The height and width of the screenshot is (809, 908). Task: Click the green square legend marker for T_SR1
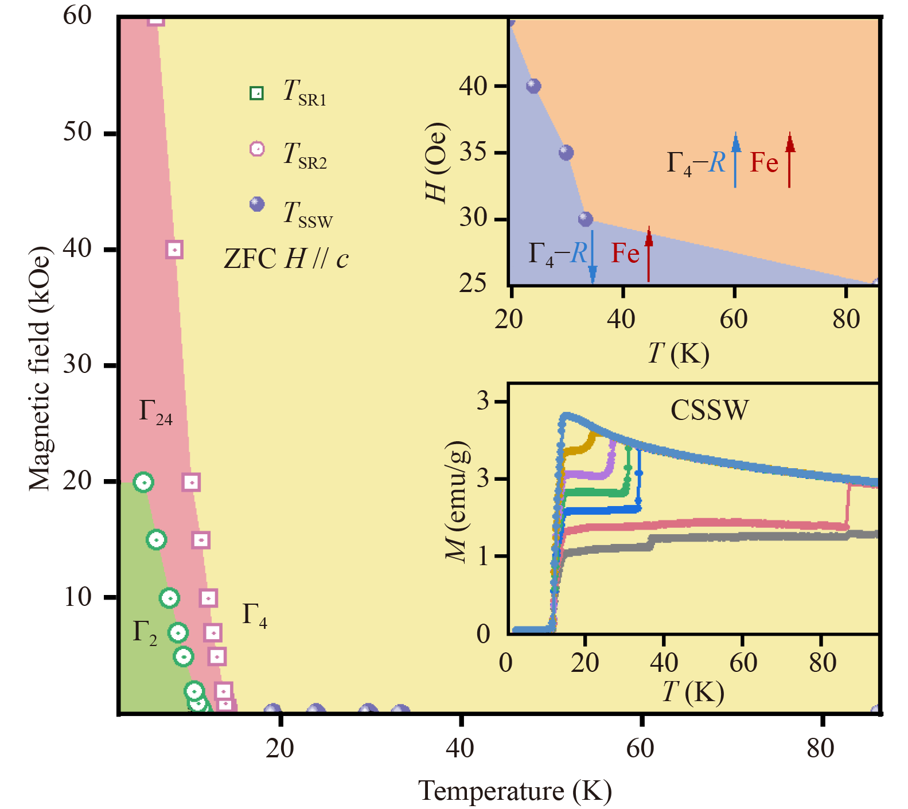pos(257,93)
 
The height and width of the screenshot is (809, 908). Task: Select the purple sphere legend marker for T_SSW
pos(257,204)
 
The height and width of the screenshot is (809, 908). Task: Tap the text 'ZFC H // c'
pos(286,259)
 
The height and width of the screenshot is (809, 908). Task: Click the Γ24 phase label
pos(155,413)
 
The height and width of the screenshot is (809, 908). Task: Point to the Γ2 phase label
pos(145,632)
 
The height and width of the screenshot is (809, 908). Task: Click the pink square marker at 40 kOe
pos(174,250)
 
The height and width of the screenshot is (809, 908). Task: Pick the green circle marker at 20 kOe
pos(143,482)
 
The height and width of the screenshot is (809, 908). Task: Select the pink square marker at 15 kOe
pos(201,540)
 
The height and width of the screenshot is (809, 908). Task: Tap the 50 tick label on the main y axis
pos(77,132)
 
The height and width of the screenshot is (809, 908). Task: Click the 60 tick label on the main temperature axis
pos(640,748)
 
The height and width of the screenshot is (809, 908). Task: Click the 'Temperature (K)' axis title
pos(515,791)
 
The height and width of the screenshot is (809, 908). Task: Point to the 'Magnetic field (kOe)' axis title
pos(39,368)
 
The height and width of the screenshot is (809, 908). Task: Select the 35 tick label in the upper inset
pos(473,153)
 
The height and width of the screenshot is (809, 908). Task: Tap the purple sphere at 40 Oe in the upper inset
pos(533,86)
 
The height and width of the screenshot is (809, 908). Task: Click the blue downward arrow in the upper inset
pos(593,257)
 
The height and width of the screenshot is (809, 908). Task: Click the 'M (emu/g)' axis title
pos(457,502)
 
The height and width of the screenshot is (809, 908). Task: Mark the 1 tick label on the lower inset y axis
pos(483,556)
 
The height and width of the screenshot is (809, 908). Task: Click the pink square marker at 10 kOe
pos(208,598)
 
